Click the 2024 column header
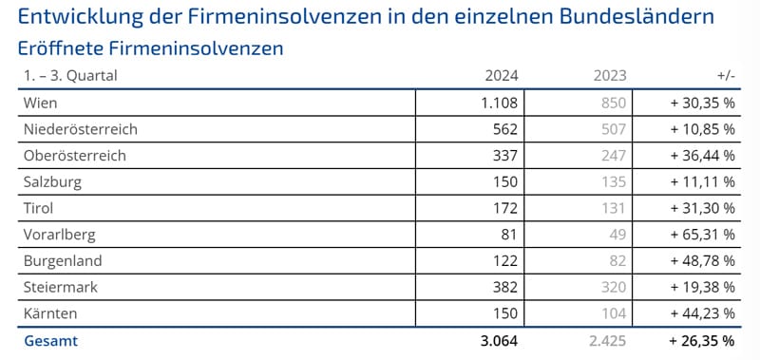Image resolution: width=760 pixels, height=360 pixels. coord(500,76)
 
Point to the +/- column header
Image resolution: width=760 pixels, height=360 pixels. coord(724,76)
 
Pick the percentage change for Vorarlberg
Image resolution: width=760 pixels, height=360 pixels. coord(697,234)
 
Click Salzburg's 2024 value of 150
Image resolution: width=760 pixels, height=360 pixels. coord(505,181)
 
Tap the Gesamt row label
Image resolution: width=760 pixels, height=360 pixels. coord(49,340)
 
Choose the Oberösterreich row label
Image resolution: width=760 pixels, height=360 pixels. coord(73,155)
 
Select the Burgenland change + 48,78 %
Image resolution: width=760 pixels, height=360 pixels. coord(697,260)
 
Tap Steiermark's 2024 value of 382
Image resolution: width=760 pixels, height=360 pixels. coord(505,286)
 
